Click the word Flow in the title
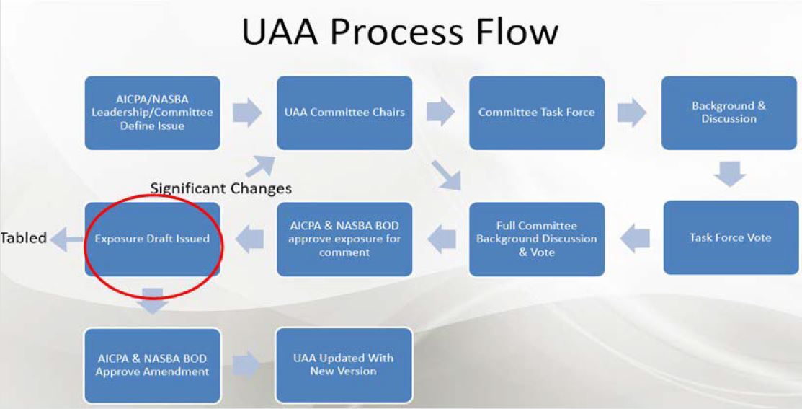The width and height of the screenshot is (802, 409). coord(517,32)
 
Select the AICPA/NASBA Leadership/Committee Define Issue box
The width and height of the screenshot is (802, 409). coord(153,113)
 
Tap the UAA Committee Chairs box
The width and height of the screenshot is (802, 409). coord(344,113)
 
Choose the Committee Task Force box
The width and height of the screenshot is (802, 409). coord(537,113)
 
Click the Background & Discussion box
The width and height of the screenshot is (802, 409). coord(729,113)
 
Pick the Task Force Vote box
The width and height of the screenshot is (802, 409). coord(731,237)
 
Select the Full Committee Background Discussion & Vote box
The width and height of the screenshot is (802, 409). coord(537,239)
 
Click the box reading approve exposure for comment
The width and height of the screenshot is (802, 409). coord(344,239)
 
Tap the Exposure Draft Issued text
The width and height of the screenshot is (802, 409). coord(153,239)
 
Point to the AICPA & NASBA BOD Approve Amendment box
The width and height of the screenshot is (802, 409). coord(153,366)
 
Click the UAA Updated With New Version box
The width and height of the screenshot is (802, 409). coord(344,366)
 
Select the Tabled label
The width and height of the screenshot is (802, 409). coord(24,238)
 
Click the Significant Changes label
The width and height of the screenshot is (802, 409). coord(221,188)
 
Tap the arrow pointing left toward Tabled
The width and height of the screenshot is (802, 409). coord(68,239)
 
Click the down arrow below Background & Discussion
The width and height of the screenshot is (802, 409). coord(730,174)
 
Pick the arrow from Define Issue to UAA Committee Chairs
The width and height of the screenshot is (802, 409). coord(248,113)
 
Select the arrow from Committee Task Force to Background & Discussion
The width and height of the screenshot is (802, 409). coord(632,112)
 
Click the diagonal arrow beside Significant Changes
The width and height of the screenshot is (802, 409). coord(261,167)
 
